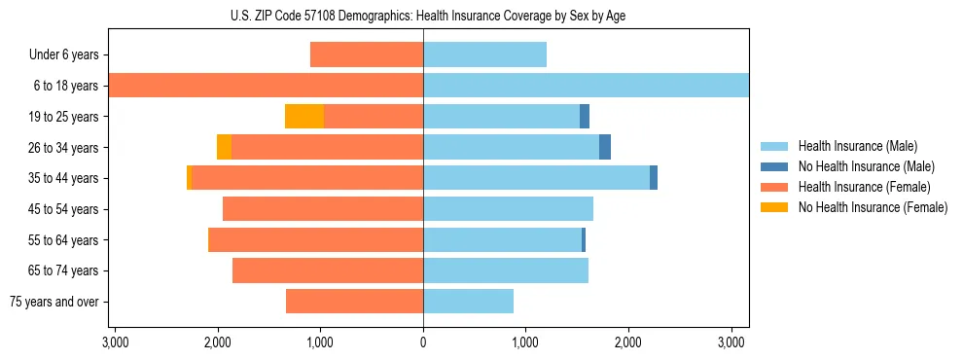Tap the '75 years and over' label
(x=54, y=302)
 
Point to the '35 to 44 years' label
(x=60, y=178)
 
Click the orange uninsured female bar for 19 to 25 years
(x=304, y=117)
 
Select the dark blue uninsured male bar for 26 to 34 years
(x=605, y=147)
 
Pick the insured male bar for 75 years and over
(x=468, y=302)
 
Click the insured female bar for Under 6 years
(x=367, y=54)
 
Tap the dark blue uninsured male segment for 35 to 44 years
(x=654, y=178)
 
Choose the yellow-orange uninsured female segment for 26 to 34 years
(x=224, y=147)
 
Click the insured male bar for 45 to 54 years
(x=508, y=209)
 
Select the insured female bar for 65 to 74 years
(x=328, y=270)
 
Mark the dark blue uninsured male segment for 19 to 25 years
(x=585, y=117)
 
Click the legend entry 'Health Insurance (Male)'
(x=857, y=146)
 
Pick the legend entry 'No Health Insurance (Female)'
(x=873, y=207)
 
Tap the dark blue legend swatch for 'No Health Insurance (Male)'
(x=775, y=166)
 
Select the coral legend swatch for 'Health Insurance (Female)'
(x=775, y=187)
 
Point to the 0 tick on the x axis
(x=423, y=342)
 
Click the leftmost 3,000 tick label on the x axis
(x=115, y=342)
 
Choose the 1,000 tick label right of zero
(x=525, y=342)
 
